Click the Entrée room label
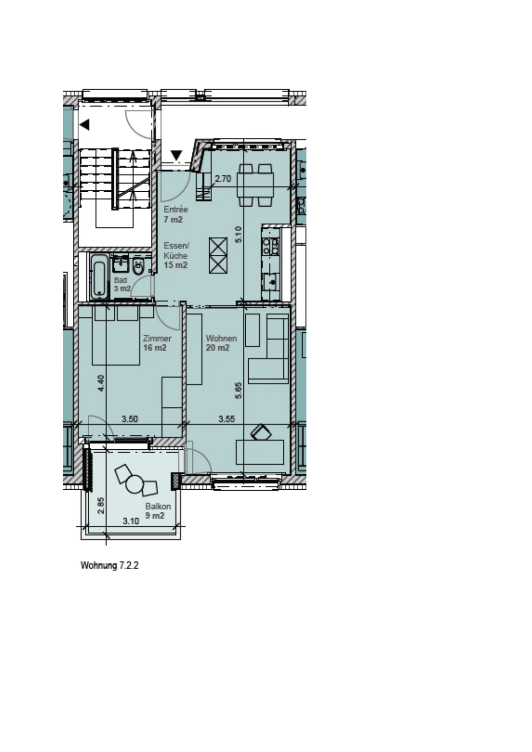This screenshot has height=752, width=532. click(x=176, y=210)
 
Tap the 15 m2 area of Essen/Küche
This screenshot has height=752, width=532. click(x=175, y=265)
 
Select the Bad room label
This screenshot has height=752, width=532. click(x=120, y=280)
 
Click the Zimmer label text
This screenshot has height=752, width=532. click(x=157, y=338)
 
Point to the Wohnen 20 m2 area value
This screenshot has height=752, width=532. click(x=218, y=348)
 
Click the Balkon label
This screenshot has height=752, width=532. click(x=158, y=506)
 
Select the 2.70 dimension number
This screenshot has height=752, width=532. click(x=223, y=179)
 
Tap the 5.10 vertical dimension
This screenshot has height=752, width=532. click(x=238, y=235)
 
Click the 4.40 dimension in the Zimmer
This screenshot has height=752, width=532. click(x=101, y=383)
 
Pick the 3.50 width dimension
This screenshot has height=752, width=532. click(x=130, y=419)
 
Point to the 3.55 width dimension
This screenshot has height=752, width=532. click(x=227, y=419)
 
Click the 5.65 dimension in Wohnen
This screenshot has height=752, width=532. click(x=238, y=390)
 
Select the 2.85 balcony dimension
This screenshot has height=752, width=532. click(x=101, y=506)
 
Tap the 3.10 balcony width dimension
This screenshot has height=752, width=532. click(x=131, y=521)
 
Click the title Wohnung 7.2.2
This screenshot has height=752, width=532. click(x=110, y=565)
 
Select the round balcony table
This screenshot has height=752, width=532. click(x=134, y=484)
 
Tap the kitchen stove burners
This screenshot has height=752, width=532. click(x=271, y=246)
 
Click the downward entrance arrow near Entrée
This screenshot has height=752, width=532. click(x=177, y=155)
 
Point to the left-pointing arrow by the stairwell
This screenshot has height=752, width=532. click(x=85, y=125)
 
